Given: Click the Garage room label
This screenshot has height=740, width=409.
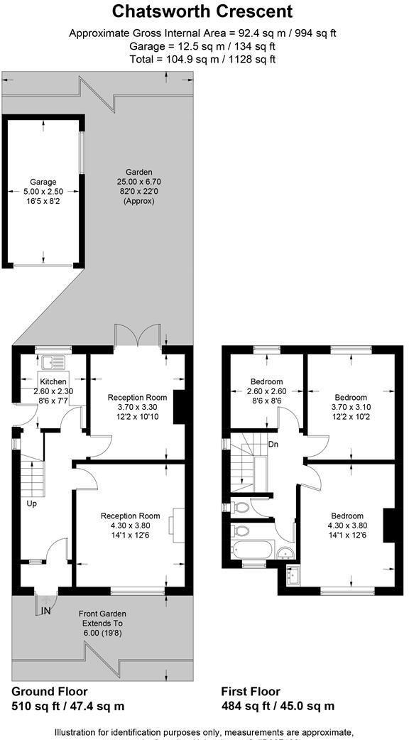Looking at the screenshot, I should point(43,182).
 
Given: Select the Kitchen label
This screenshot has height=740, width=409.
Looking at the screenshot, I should point(53,382).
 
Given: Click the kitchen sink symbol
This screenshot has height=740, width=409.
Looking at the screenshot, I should point(53,362).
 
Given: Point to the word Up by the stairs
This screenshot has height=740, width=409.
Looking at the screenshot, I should point(32,504).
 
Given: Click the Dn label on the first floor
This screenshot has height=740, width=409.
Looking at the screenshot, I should point(273,445).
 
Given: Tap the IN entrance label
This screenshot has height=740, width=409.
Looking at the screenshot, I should point(47,610).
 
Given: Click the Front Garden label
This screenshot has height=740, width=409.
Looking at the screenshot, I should point(103,614).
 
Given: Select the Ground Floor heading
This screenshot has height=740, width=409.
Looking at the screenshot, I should point(50,691).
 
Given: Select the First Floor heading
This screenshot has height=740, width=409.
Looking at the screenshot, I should point(251,691).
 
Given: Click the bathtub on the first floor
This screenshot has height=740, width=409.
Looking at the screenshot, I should point(252,550).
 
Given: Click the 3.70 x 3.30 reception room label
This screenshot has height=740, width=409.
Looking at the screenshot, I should point(137,397).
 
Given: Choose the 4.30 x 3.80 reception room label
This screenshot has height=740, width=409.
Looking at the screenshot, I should point(130,516).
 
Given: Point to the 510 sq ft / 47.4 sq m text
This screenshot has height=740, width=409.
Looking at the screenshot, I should point(68,706).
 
